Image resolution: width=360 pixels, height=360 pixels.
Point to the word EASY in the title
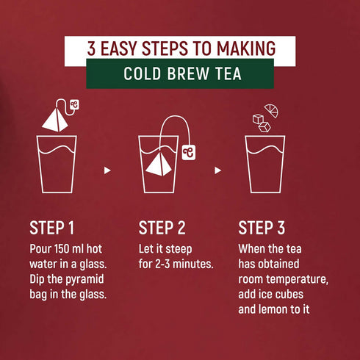(x=123, y=49)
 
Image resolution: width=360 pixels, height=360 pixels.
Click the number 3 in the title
(x=91, y=49)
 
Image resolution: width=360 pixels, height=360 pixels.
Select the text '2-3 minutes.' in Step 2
(x=182, y=262)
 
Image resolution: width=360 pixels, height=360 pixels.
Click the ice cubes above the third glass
(x=260, y=123)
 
